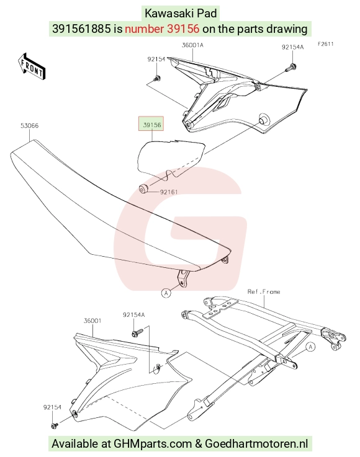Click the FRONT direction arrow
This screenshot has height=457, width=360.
tap(32, 66)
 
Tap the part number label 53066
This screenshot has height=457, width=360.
tap(29, 126)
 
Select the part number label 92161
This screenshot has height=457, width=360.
tap(169, 192)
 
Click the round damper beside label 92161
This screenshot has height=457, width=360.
tap(143, 189)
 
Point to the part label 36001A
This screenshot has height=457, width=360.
tap(192, 45)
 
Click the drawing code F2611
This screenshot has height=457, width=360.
tap(326, 44)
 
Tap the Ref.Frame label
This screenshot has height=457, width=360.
tap(264, 291)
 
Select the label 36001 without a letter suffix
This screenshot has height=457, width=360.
tap(92, 321)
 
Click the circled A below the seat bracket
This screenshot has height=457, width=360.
tap(166, 293)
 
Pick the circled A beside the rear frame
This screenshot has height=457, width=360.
tap(310, 347)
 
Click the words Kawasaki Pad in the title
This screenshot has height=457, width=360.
tap(181, 14)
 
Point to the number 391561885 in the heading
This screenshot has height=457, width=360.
tap(81, 29)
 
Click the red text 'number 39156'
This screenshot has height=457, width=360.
tap(162, 29)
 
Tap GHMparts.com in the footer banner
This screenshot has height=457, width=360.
tap(153, 443)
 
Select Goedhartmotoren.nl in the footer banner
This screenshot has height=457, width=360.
tap(256, 443)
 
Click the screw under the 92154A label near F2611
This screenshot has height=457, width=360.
tap(291, 68)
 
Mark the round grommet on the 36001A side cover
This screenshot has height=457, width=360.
tap(264, 119)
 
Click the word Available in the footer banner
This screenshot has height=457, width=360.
tap(76, 443)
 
